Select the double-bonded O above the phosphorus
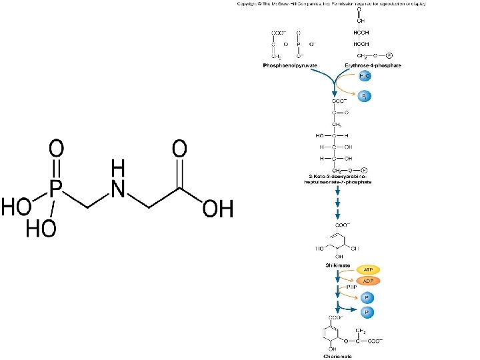pyautogui.click(x=58, y=147)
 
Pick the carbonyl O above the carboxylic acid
pyautogui.click(x=179, y=147)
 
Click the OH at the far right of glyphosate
pyautogui.click(x=218, y=208)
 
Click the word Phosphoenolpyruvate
pyautogui.click(x=289, y=66)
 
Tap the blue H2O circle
pyautogui.click(x=365, y=77)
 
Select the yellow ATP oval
pyautogui.click(x=367, y=269)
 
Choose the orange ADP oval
pyautogui.click(x=367, y=281)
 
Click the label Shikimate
pyautogui.click(x=337, y=265)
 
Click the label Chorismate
pyautogui.click(x=337, y=356)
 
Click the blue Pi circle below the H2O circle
pyautogui.click(x=365, y=97)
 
